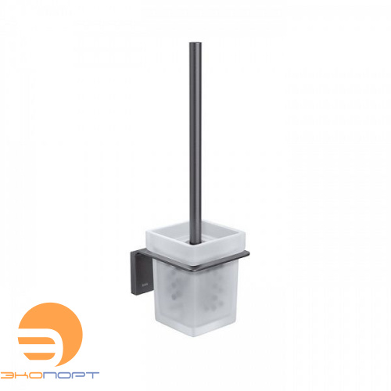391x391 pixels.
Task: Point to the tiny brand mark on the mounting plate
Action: (x=145, y=282)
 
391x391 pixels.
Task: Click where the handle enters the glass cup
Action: (x=195, y=243)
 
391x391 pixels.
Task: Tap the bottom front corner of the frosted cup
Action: (x=194, y=336)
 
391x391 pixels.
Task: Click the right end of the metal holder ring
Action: (x=249, y=253)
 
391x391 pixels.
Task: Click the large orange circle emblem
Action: (x=51, y=335)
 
